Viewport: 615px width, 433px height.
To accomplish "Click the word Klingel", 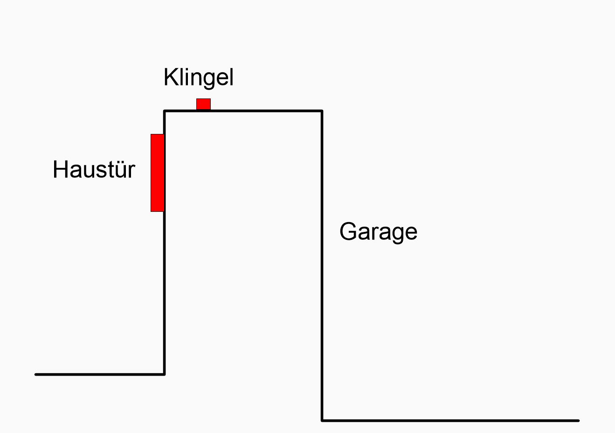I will [x=198, y=77].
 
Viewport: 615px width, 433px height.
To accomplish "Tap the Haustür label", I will [x=94, y=169].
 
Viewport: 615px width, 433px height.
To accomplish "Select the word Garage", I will [x=378, y=231].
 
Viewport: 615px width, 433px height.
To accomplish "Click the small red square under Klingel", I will [x=203, y=104].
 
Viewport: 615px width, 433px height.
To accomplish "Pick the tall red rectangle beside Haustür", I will [x=157, y=173].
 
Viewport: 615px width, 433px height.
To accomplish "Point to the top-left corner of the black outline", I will [x=165, y=111].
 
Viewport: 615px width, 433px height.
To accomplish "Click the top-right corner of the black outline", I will [x=322, y=111].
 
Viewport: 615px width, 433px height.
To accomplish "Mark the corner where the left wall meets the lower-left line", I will [x=164, y=374].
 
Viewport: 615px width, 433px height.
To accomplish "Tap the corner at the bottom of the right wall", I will [x=322, y=420].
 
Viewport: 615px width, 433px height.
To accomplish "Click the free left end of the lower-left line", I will [x=36, y=374].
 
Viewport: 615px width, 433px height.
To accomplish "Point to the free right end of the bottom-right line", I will [x=578, y=420].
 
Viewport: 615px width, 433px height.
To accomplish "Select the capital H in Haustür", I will [x=59, y=169].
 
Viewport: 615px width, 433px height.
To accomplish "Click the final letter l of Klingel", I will [x=231, y=77].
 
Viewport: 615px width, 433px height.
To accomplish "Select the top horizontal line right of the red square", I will [x=266, y=111].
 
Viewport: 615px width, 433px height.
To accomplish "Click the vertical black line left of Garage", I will [x=322, y=261].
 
